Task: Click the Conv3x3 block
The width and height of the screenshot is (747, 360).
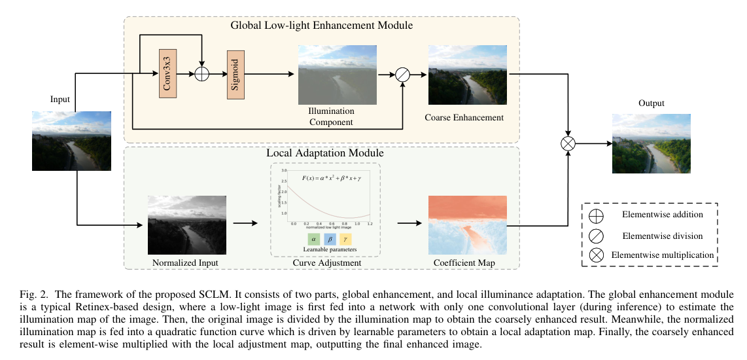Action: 169,74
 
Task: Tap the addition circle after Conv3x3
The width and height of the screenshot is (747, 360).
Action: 203,74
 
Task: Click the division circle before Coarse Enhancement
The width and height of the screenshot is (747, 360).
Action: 403,75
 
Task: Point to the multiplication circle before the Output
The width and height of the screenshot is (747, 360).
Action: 568,143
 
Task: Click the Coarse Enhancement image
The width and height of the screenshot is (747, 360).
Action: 467,75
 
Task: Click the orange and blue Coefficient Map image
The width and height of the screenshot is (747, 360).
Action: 467,225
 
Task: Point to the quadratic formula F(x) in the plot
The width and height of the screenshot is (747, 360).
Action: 332,178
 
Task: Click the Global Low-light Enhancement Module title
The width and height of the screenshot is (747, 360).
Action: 321,26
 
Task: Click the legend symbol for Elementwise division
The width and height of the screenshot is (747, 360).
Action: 597,235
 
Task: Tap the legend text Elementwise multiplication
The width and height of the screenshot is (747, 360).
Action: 661,255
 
